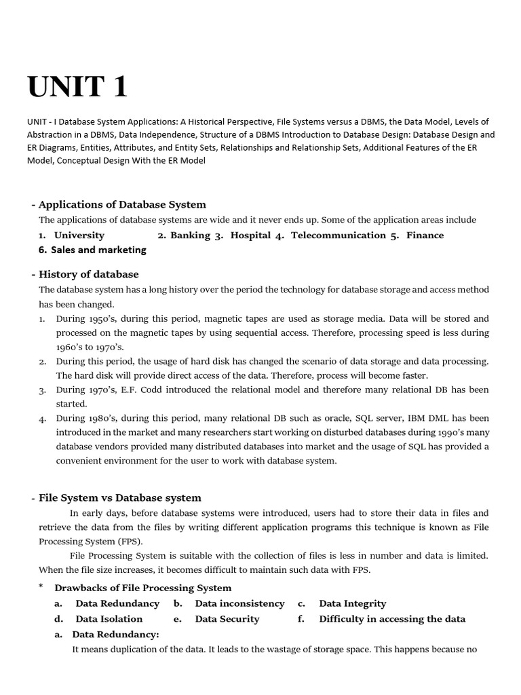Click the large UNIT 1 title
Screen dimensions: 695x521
tap(77, 87)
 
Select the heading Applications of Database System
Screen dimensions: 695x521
tap(122, 204)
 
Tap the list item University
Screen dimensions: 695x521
tap(79, 235)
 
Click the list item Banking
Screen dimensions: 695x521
tap(190, 235)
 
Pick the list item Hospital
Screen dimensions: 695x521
tap(250, 235)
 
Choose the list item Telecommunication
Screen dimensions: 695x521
tap(338, 235)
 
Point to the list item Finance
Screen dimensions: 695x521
tap(425, 235)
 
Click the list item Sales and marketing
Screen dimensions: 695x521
tap(98, 250)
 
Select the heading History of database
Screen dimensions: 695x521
tap(88, 274)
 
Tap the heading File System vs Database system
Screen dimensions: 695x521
tap(119, 497)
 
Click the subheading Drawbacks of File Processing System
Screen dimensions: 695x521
tap(142, 588)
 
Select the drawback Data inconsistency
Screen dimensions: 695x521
tap(239, 603)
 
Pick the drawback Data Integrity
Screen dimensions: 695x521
tap(352, 603)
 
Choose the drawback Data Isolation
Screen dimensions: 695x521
tap(109, 619)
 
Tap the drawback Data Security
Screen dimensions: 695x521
tap(227, 619)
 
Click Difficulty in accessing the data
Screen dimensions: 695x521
tap(392, 619)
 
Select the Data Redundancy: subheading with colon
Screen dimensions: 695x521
tap(115, 635)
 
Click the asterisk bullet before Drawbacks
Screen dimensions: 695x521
tap(41, 587)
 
